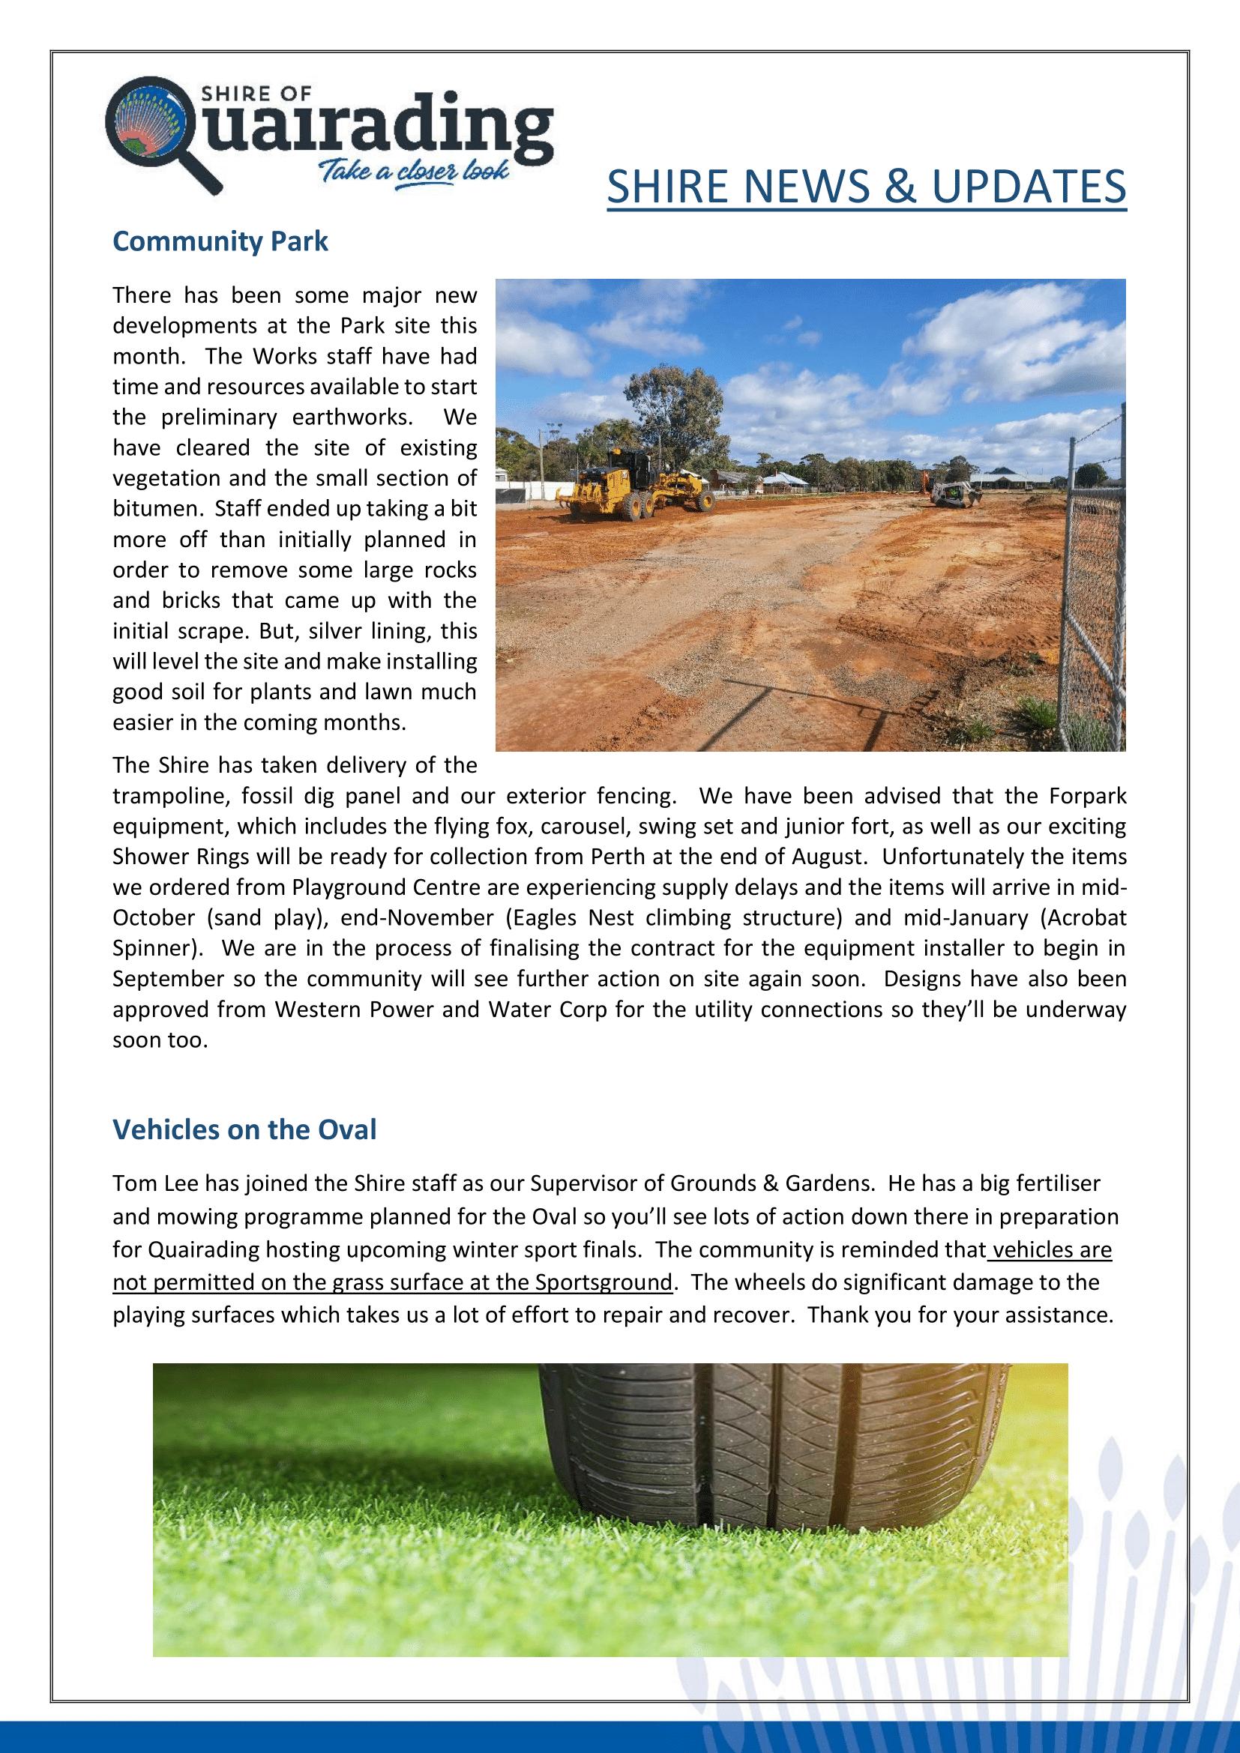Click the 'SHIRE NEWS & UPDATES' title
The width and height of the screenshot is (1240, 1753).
tap(867, 187)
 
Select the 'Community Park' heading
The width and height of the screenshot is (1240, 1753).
tap(220, 241)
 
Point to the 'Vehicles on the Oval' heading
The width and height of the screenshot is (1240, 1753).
tap(244, 1129)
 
